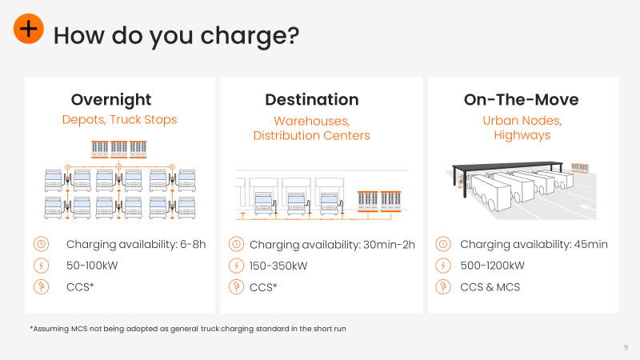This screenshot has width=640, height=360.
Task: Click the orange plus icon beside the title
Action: pyautogui.click(x=29, y=29)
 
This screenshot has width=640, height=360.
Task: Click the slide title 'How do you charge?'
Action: pyautogui.click(x=176, y=36)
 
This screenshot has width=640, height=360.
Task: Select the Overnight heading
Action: pyautogui.click(x=111, y=100)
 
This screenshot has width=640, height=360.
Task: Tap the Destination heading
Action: pyautogui.click(x=312, y=99)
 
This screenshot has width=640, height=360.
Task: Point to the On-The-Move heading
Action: pyautogui.click(x=522, y=99)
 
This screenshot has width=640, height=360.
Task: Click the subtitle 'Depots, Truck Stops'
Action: pyautogui.click(x=119, y=119)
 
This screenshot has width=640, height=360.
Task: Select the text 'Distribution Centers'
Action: pyautogui.click(x=311, y=135)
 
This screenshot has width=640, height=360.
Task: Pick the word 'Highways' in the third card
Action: pyautogui.click(x=522, y=135)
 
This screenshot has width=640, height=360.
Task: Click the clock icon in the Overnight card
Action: pyautogui.click(x=42, y=244)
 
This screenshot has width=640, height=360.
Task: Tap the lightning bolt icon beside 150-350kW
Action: pyautogui.click(x=236, y=266)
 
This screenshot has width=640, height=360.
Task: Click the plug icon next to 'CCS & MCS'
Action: pyautogui.click(x=443, y=287)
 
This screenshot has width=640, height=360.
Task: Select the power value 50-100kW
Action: pyautogui.click(x=92, y=266)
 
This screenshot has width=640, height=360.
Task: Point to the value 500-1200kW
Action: pyautogui.click(x=492, y=266)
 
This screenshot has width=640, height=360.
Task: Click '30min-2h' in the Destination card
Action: pyautogui.click(x=389, y=245)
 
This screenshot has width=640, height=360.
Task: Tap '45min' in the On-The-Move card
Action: pyautogui.click(x=591, y=244)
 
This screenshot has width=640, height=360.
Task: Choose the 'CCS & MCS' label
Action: pyautogui.click(x=490, y=287)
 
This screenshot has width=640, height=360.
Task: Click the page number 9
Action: pyautogui.click(x=626, y=348)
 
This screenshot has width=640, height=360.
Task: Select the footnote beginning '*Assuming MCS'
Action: pyautogui.click(x=188, y=329)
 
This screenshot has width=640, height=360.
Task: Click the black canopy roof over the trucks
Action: pyautogui.click(x=507, y=166)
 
